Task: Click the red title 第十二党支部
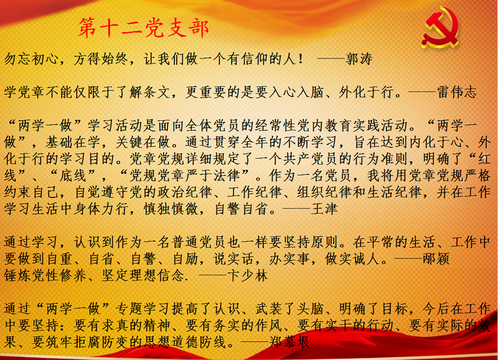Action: pos(144,28)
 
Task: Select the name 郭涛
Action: pos(359,59)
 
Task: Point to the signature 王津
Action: pos(324,209)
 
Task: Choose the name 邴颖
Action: pos(436,259)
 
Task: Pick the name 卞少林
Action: pos(248,276)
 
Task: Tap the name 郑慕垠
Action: pos(289,342)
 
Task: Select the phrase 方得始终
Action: pos(101,59)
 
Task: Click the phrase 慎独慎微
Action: pos(171,209)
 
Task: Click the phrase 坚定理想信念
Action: pos(143,276)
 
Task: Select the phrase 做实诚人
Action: pos(353,259)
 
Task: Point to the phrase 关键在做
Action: pos(143,142)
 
